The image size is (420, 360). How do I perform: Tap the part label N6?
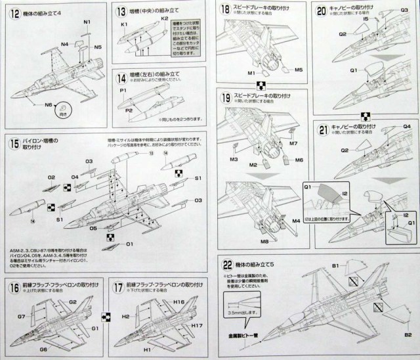(x=49, y=105)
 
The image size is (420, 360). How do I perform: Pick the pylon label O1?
(x=130, y=245)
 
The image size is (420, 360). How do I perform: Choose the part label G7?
(x=22, y=317)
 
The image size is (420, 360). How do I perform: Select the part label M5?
(x=298, y=69)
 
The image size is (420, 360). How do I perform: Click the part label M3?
(x=233, y=160)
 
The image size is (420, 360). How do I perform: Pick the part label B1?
(x=335, y=266)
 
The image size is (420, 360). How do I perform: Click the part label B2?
(x=408, y=335)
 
